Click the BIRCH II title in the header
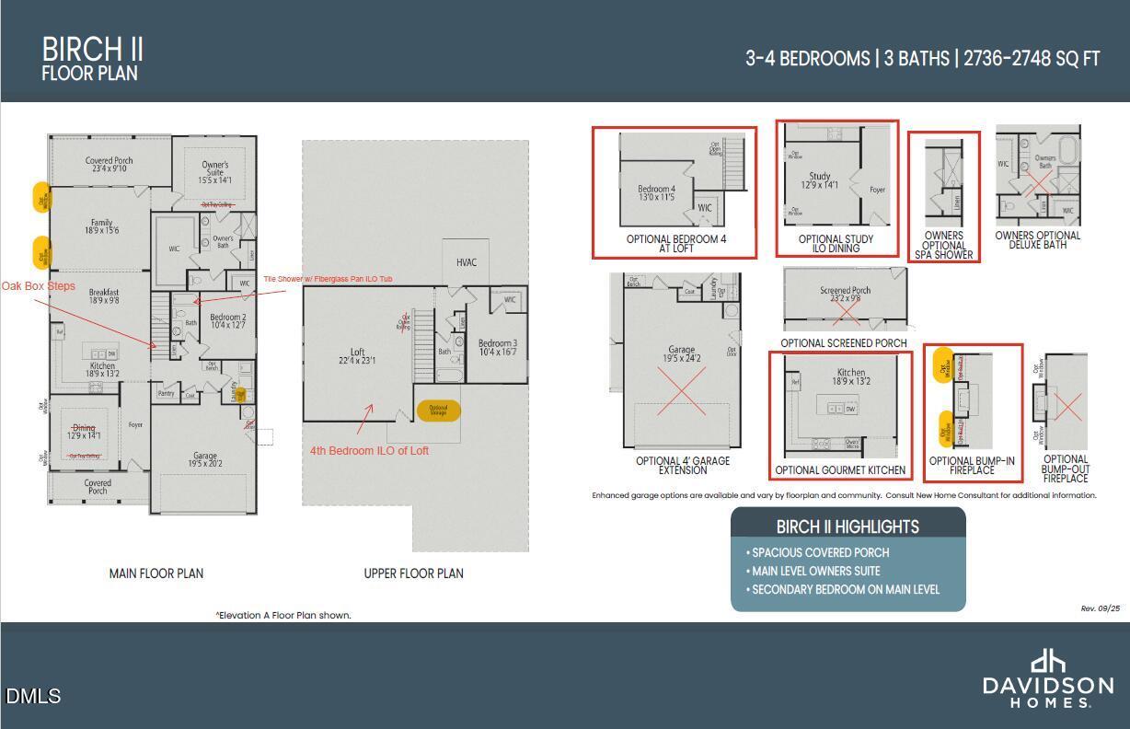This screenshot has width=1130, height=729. (92, 49)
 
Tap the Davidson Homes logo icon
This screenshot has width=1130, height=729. (1047, 661)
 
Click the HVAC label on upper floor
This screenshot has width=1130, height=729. (467, 262)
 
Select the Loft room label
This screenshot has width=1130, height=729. (357, 355)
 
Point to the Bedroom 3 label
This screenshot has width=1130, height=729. (497, 347)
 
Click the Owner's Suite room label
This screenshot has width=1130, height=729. (214, 172)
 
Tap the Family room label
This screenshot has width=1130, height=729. (101, 226)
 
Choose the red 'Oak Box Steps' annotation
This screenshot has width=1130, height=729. (39, 286)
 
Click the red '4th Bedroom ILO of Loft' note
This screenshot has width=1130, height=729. (369, 450)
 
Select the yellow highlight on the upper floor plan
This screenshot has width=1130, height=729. (438, 411)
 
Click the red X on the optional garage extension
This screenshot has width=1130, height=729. (681, 391)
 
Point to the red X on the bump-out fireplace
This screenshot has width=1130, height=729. (1067, 405)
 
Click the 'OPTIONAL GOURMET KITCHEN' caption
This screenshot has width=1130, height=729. (840, 470)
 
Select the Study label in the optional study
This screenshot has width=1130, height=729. (819, 176)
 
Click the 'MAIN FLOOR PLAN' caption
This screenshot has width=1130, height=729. (156, 573)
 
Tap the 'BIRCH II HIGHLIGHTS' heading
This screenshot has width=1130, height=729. (847, 526)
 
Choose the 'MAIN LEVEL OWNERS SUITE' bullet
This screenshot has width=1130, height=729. (815, 571)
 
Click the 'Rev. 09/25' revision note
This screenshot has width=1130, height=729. (1100, 608)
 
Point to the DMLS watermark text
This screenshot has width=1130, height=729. (33, 696)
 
